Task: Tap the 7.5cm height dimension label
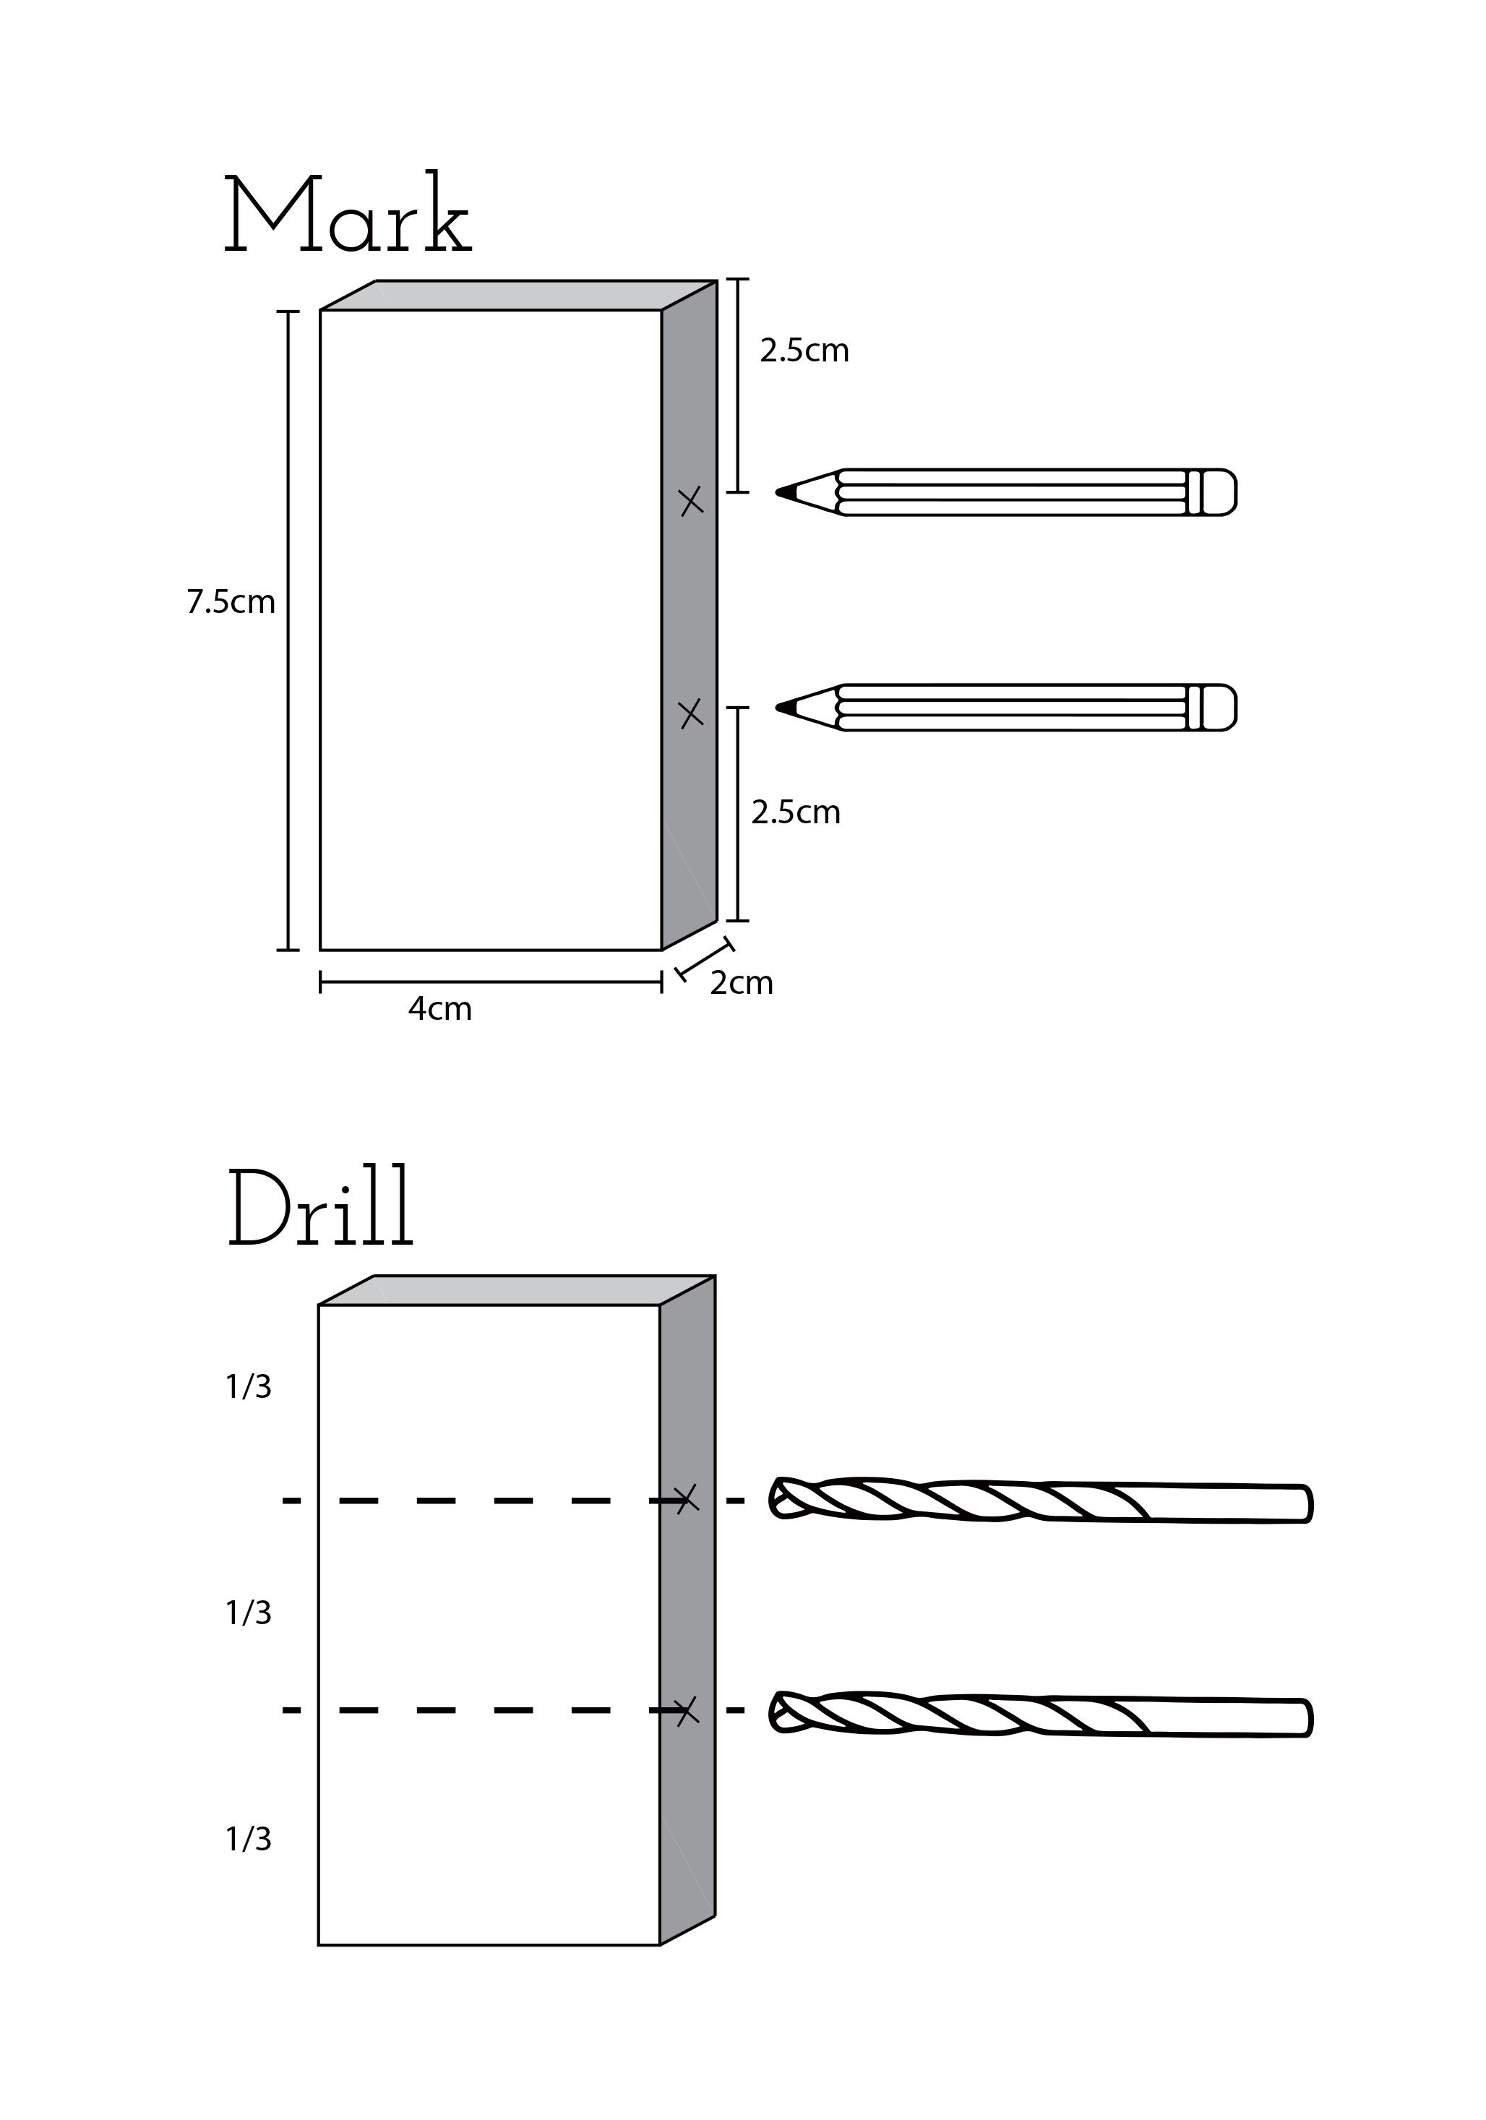231,602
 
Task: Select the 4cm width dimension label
439,1008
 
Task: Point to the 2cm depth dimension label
741,983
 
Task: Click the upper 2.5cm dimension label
804,351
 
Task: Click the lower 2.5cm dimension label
795,812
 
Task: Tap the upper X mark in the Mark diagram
691,502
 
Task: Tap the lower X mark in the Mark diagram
691,713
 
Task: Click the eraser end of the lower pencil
1221,708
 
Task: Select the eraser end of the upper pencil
1221,492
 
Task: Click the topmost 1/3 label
249,1387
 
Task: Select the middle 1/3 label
249,1613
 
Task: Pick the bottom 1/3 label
249,1840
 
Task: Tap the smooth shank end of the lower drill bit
1297,1718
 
